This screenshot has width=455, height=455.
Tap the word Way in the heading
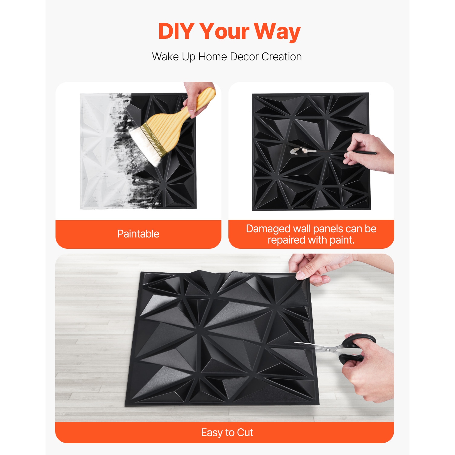click(277, 32)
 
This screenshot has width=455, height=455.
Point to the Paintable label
click(138, 234)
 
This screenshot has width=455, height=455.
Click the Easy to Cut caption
click(227, 433)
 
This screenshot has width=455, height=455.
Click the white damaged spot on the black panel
click(295, 151)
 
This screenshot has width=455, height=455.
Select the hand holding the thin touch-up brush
click(370, 153)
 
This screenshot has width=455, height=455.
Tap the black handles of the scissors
click(355, 347)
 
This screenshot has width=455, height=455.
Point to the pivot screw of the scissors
click(327, 349)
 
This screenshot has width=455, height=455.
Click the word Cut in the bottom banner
click(245, 433)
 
